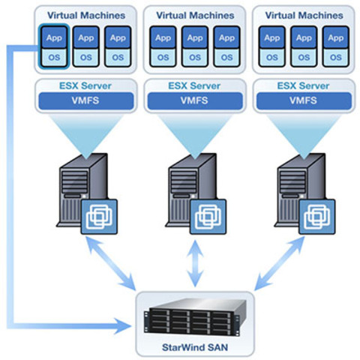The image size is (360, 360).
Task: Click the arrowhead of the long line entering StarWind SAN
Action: pos(124,326)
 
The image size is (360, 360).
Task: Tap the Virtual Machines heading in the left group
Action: pos(83,15)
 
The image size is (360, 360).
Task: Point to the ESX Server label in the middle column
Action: pos(194,85)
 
